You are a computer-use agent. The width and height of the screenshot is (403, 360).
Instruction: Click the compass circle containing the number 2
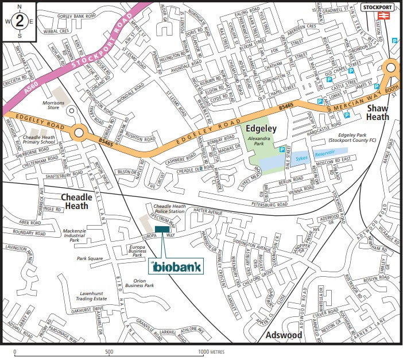[20, 21]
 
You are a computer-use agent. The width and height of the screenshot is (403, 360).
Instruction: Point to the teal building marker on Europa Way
[162, 229]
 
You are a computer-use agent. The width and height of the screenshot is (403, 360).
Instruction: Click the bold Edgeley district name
[262, 130]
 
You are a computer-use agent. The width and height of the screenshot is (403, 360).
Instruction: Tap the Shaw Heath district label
[378, 113]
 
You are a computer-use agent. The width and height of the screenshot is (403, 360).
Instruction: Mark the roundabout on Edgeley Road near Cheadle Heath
[78, 134]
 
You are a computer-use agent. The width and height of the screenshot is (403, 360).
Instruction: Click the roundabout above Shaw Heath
[392, 68]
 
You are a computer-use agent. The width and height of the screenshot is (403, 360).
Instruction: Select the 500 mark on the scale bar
[108, 351]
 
